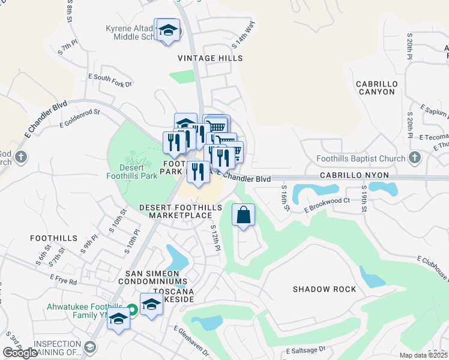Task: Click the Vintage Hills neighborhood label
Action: click(210, 58)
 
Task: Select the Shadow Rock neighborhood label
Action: click(324, 289)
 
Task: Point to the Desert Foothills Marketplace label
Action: click(175, 211)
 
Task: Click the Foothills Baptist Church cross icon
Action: click(414, 158)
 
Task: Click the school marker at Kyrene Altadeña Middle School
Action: click(169, 31)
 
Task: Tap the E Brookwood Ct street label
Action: click(327, 206)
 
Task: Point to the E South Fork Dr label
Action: click(110, 80)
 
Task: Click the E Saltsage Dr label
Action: click(306, 350)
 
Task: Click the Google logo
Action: click(20, 353)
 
